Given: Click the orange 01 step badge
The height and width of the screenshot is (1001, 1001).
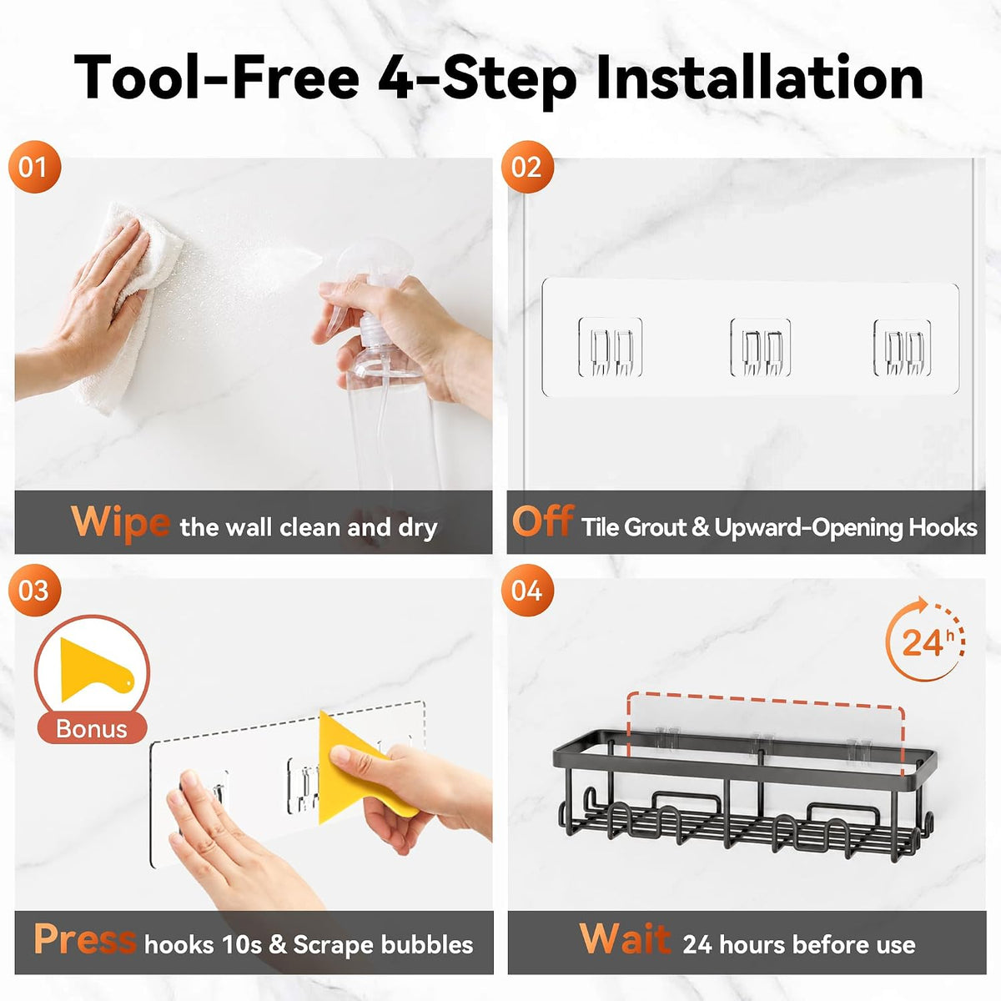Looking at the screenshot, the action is click(x=34, y=167).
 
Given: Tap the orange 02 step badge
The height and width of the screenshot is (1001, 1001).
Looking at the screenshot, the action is click(x=527, y=167).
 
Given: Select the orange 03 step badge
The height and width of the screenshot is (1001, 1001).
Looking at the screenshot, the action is click(x=34, y=590).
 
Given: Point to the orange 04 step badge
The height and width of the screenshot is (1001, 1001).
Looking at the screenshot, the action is click(x=527, y=590).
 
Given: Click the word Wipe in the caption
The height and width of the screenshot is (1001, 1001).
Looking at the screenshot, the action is click(x=120, y=522).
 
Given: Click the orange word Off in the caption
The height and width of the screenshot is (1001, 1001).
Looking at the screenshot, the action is click(x=543, y=521).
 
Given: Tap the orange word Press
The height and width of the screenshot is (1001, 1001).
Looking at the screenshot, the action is click(x=85, y=939).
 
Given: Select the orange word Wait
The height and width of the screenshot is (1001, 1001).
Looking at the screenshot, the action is click(x=625, y=939).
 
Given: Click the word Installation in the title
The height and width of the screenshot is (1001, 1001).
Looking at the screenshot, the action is click(x=760, y=78).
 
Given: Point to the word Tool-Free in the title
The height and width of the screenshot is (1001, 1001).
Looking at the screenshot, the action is click(x=217, y=78).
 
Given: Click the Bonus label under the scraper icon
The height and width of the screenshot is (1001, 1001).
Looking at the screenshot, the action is click(x=92, y=729).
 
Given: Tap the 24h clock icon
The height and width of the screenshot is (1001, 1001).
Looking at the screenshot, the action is click(x=925, y=640).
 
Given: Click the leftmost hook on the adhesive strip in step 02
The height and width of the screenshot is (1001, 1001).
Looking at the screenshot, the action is click(x=611, y=346).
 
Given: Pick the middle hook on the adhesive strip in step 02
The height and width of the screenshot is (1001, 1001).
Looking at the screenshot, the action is click(x=761, y=346).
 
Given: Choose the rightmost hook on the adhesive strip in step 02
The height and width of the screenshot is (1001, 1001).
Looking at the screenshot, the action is click(x=903, y=348).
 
